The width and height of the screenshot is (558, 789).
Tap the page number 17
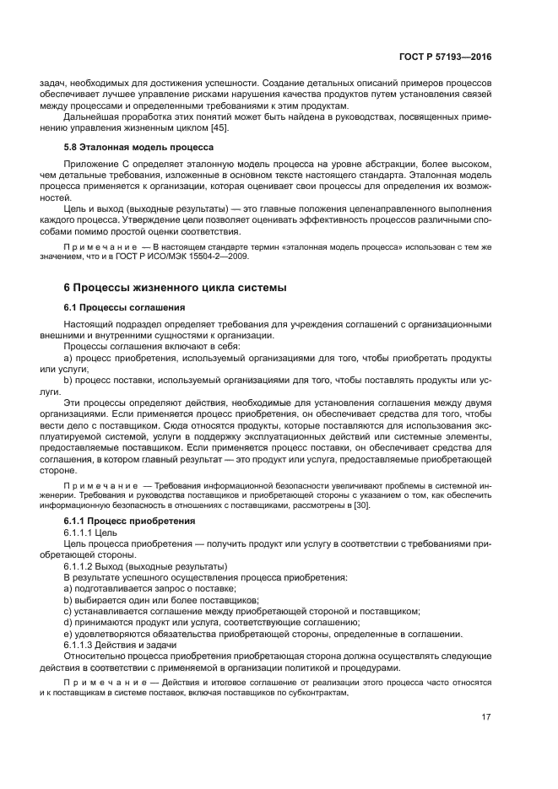coord(486,718)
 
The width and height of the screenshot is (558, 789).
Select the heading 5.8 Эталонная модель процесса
coord(127,147)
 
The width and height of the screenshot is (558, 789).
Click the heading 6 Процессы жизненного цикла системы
coord(175,288)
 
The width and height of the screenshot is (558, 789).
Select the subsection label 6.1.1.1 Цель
coord(84,533)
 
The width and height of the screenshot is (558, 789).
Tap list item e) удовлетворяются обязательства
coord(262,633)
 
